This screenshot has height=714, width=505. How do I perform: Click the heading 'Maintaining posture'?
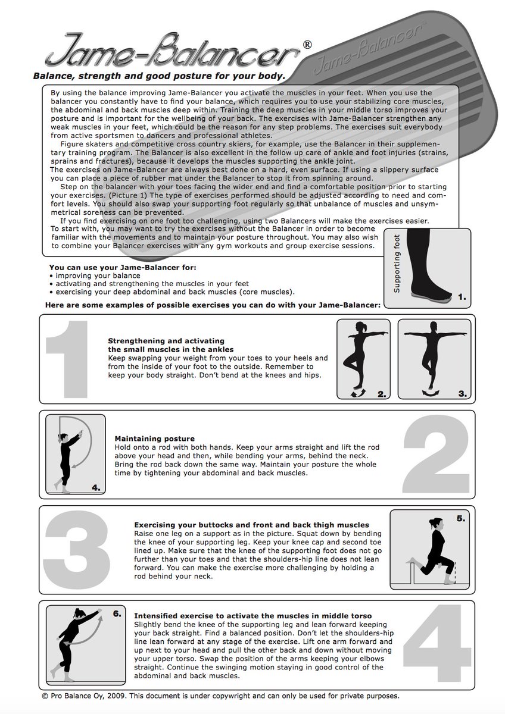[154, 439]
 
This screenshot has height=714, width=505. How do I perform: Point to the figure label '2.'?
[382, 393]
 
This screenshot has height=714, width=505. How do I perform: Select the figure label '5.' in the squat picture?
[461, 518]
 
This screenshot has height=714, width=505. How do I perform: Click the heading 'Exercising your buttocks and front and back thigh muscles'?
[251, 525]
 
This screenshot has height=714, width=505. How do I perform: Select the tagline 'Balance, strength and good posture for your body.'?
[158, 76]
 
